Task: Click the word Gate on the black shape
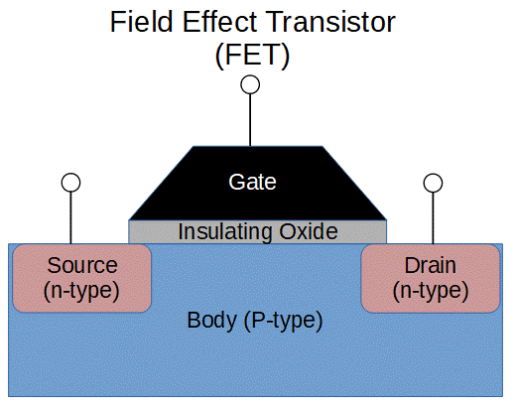[x=252, y=182]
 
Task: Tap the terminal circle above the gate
[x=251, y=85]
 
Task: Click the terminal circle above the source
[x=70, y=183]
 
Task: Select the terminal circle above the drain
[x=432, y=183]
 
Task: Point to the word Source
[x=82, y=266]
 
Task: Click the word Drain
[x=431, y=266]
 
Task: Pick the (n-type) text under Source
[x=82, y=290]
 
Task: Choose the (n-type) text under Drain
[x=431, y=290]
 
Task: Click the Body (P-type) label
[x=255, y=322]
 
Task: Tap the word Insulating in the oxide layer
[x=222, y=232]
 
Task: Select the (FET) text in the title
[x=252, y=57]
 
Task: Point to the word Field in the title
[x=136, y=22]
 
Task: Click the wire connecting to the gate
[x=251, y=119]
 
